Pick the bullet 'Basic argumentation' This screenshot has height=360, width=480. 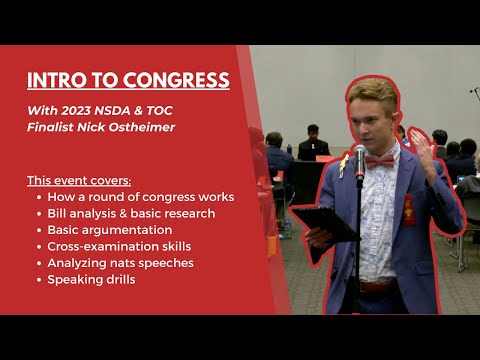[x=109, y=230]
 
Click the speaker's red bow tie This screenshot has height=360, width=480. [x=380, y=160]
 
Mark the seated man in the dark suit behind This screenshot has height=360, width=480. [x=313, y=146]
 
